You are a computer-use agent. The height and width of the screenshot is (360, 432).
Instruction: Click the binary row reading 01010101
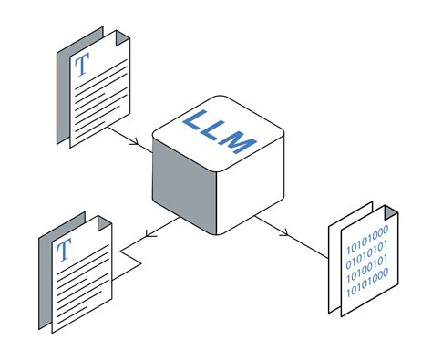point(366,245)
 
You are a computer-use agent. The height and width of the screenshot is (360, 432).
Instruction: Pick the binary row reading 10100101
point(366,259)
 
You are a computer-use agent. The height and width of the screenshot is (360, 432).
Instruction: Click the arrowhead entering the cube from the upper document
point(136,143)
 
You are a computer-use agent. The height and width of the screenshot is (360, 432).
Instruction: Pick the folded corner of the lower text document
point(103,223)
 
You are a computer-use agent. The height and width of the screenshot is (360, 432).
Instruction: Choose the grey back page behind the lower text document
point(45,273)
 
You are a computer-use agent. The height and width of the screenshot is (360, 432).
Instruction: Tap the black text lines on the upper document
point(96,100)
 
